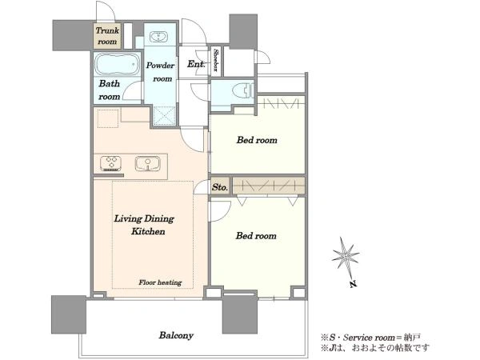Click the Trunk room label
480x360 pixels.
[x=107, y=36]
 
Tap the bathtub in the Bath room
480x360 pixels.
[x=117, y=64]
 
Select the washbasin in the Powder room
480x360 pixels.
[x=158, y=37]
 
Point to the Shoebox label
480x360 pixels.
[x=215, y=60]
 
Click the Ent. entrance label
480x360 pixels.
[x=195, y=64]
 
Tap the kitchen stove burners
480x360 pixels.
[x=111, y=163]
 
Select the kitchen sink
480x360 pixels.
[x=148, y=163]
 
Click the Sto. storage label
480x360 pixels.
[x=220, y=187]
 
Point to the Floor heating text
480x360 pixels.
[x=160, y=282]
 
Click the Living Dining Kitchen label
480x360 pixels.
[x=144, y=225]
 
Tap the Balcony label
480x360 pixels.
[x=176, y=335]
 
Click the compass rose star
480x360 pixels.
[x=346, y=254]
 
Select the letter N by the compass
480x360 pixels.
[x=354, y=284]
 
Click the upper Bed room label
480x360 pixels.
[x=257, y=140]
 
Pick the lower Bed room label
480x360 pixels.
[x=256, y=236]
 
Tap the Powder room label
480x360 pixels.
[x=160, y=72]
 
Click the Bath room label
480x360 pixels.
[x=110, y=90]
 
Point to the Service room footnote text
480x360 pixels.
[x=370, y=338]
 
